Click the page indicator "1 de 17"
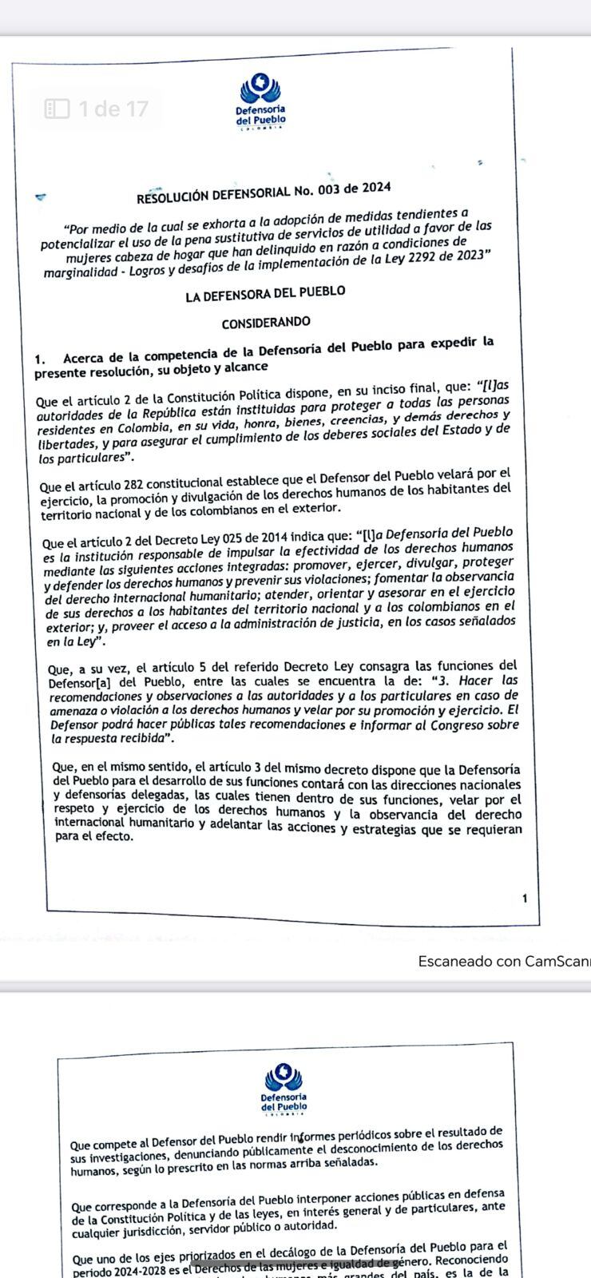click(113, 109)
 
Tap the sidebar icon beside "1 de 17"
click(58, 109)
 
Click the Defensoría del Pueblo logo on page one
click(260, 100)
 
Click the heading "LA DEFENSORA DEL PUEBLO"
click(265, 294)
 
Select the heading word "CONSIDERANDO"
click(266, 322)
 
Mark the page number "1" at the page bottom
click(525, 899)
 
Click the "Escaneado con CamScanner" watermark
click(503, 961)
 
